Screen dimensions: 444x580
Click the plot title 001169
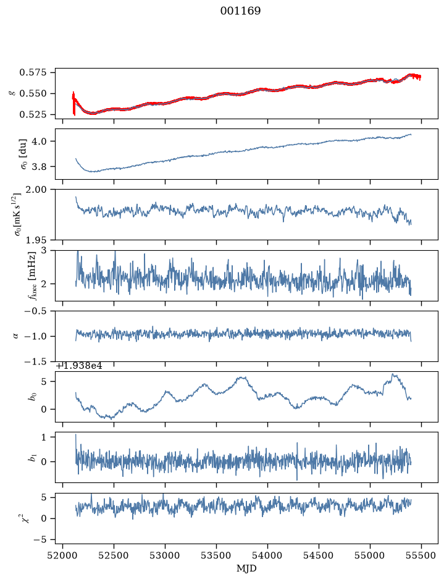click(240, 11)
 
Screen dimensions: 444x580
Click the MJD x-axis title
click(246, 568)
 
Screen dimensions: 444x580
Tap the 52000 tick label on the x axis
click(62, 555)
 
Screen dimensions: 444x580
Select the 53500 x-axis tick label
click(216, 555)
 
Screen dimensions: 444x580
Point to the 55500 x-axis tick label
click(422, 555)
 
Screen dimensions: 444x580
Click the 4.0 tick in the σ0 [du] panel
click(44, 141)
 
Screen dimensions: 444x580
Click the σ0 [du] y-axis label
click(23, 154)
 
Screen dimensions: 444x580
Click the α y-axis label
click(16, 336)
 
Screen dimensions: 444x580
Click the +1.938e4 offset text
click(79, 366)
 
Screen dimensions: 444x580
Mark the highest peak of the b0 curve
click(393, 374)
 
